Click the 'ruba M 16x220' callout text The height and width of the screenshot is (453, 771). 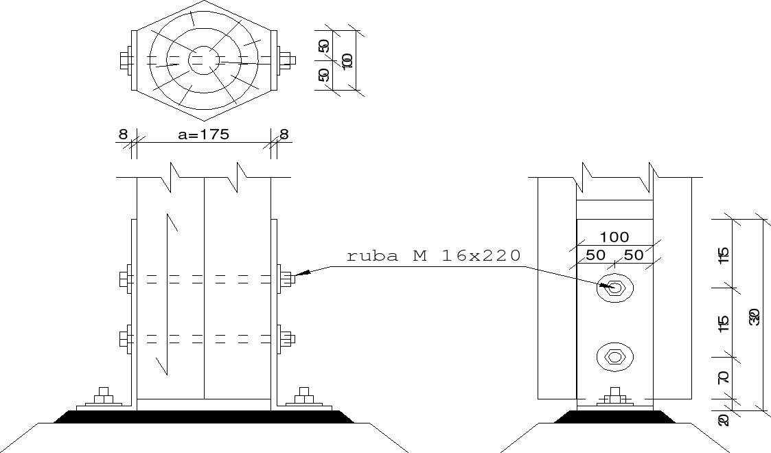point(433,256)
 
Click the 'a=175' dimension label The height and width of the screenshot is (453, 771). point(203,135)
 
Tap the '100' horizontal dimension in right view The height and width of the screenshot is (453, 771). point(614,237)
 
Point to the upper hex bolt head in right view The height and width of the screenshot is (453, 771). point(615,288)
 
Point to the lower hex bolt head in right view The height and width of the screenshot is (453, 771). point(614,356)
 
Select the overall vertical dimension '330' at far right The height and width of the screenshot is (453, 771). point(755,317)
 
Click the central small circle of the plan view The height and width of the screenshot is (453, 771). point(204,60)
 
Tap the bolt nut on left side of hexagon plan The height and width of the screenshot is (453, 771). point(126,60)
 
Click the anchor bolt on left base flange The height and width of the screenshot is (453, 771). point(104,397)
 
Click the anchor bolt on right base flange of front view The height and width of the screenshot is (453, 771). point(303,397)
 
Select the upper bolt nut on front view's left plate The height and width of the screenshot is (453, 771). point(124,279)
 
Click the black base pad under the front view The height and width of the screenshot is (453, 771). point(204,416)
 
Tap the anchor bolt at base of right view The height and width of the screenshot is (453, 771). point(614,396)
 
